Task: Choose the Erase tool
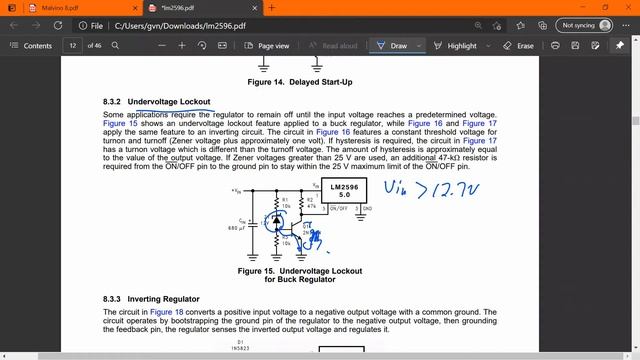(x=519, y=46)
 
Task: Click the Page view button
(x=267, y=46)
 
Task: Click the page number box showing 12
(x=74, y=46)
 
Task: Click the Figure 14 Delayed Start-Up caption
(x=299, y=82)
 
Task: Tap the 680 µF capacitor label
(x=237, y=229)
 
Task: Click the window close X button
(x=622, y=7)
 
